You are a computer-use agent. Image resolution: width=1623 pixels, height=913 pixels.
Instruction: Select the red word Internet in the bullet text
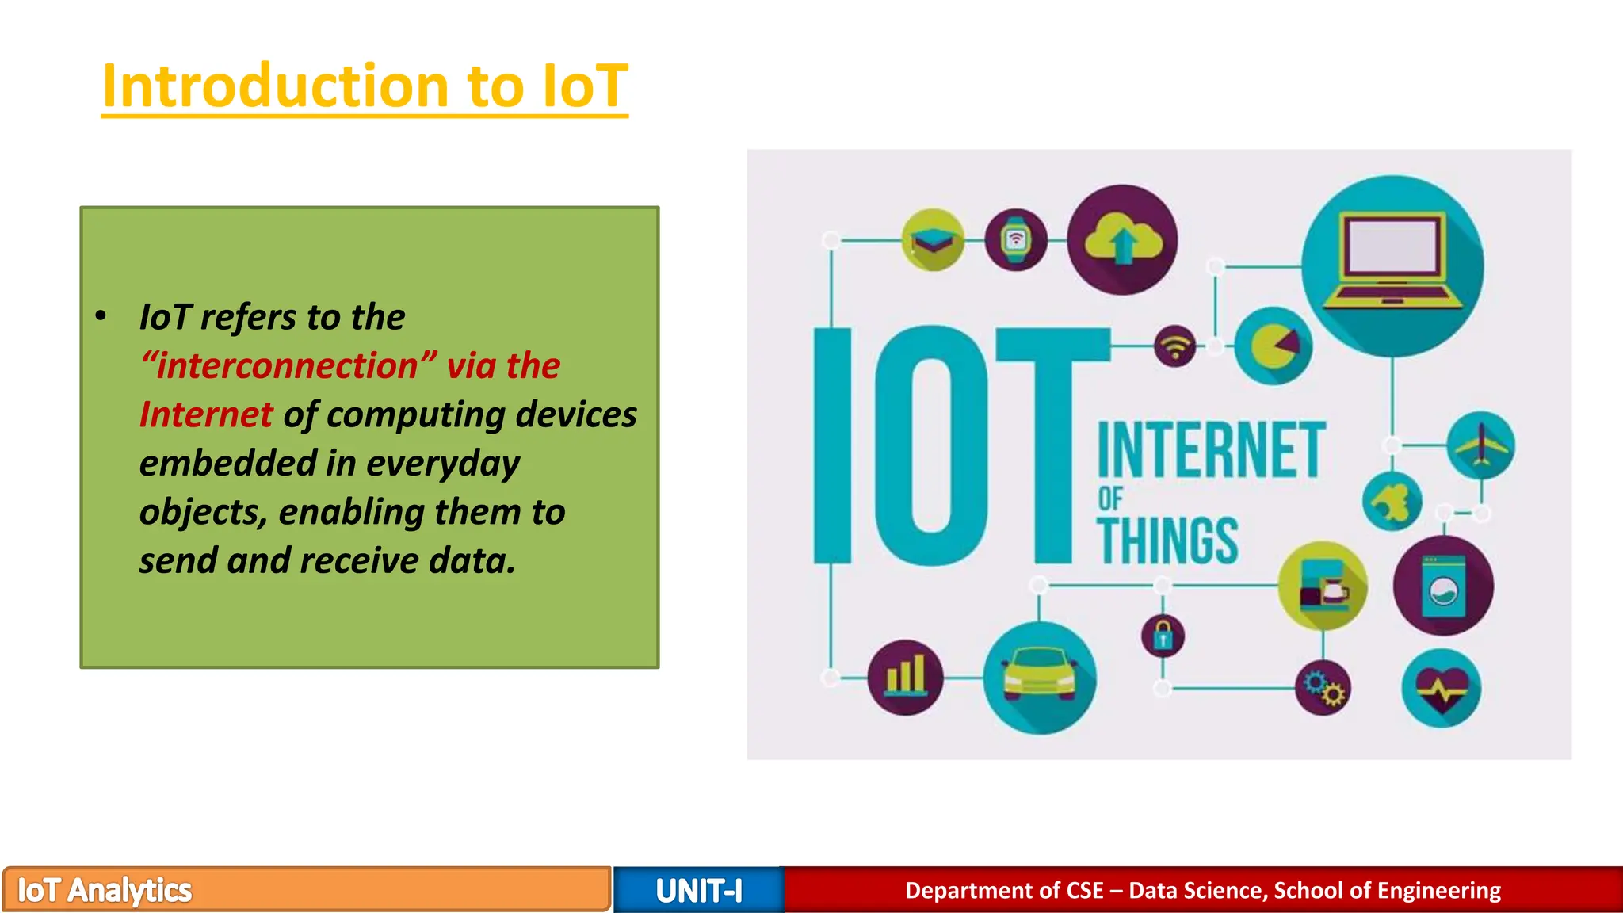[x=206, y=414]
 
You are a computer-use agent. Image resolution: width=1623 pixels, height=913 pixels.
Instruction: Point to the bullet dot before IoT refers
[x=101, y=316]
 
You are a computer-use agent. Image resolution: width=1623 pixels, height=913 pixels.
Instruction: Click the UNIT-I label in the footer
[x=699, y=891]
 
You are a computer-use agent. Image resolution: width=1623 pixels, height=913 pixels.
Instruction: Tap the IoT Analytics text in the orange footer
[x=105, y=890]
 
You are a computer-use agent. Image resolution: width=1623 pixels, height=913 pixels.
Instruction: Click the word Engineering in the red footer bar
[x=1438, y=890]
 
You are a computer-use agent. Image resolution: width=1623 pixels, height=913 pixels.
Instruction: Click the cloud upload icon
[x=1122, y=239]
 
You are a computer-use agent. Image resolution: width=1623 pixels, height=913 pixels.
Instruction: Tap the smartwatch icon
[x=1015, y=239]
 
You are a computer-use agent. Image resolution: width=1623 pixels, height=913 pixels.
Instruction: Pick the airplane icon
[x=1480, y=445]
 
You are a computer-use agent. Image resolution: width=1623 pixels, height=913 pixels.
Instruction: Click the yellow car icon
[x=1039, y=677]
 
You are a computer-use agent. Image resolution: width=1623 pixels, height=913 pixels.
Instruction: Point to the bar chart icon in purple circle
[x=906, y=677]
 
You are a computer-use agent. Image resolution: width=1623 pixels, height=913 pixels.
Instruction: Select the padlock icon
[x=1163, y=636]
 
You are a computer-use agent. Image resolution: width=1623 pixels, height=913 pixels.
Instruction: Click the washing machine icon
[x=1443, y=586]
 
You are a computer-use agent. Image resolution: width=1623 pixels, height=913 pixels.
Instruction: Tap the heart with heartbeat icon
[x=1442, y=688]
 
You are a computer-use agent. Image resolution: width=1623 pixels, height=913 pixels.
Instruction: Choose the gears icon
[x=1323, y=688]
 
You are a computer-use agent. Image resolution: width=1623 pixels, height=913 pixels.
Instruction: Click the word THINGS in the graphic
[x=1167, y=541]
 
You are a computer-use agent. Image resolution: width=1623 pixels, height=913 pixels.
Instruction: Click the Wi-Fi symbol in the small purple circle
[x=1174, y=346]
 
